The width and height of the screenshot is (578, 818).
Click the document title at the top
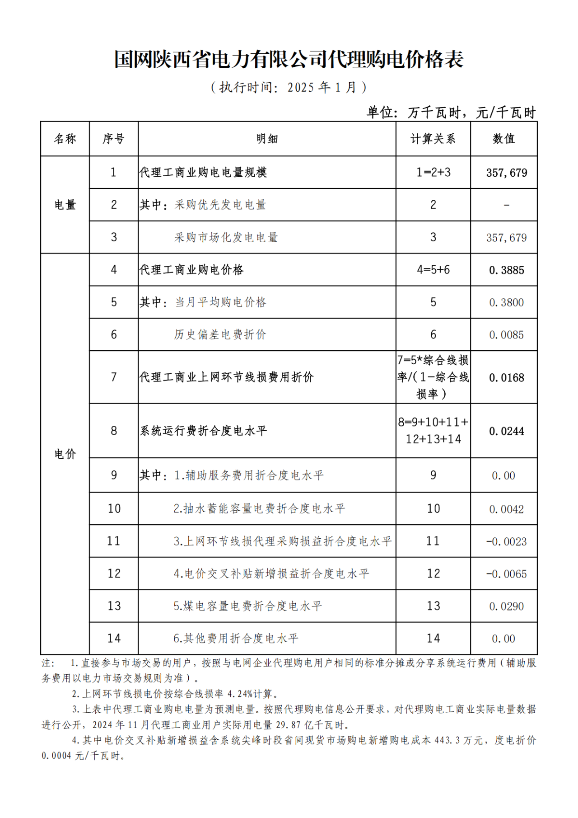(289, 60)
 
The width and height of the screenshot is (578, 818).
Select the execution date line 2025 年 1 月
(289, 87)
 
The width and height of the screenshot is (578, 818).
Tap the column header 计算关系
(433, 139)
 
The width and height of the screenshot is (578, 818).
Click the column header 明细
(267, 139)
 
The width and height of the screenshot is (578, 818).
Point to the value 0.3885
(506, 270)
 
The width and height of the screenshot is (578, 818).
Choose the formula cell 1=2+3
(433, 172)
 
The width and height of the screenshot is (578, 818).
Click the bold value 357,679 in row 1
(506, 173)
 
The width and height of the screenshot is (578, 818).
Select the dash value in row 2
(506, 205)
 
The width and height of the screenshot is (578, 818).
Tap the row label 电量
(65, 205)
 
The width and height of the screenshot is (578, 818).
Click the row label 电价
(65, 454)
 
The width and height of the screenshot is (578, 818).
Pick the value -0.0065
(506, 574)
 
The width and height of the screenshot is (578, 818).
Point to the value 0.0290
(506, 606)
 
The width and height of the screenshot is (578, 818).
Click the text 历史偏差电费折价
(220, 334)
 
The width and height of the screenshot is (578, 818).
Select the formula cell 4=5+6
(433, 270)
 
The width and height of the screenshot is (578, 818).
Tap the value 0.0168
(506, 377)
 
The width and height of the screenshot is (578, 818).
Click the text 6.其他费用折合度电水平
(236, 638)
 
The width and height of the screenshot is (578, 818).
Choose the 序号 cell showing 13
(114, 606)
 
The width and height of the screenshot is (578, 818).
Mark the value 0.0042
(506, 509)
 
